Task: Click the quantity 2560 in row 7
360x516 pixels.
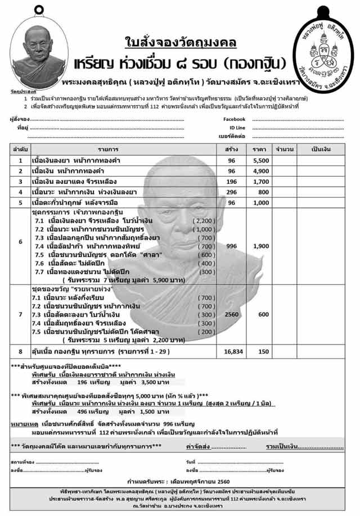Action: pos(231,315)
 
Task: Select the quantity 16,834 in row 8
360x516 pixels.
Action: pos(231,351)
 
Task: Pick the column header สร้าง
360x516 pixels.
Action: pos(231,149)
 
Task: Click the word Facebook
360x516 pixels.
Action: pos(234,119)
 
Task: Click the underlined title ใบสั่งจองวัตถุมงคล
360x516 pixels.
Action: pos(181,43)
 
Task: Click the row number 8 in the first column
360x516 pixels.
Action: pos(20,351)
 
